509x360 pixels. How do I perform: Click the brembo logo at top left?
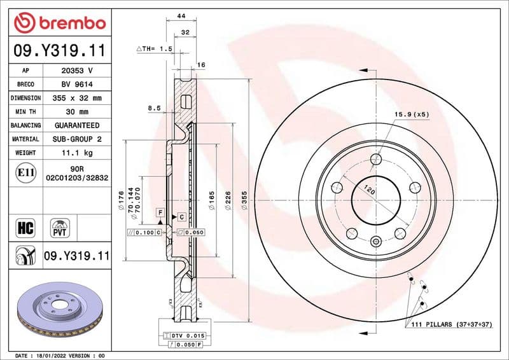pyautogui.click(x=59, y=22)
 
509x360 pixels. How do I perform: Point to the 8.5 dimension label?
pyautogui.click(x=154, y=108)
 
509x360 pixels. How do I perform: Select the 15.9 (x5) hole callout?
pyautogui.click(x=412, y=114)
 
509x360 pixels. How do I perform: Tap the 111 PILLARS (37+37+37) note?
pyautogui.click(x=448, y=324)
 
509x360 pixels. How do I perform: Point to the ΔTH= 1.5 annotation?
pyautogui.click(x=155, y=48)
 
